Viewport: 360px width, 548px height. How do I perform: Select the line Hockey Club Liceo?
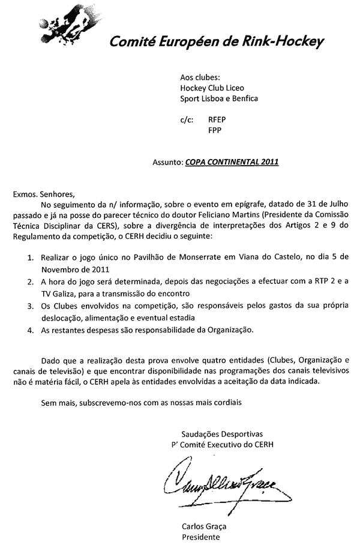coord(212,88)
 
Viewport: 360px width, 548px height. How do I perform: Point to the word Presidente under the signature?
coord(200,537)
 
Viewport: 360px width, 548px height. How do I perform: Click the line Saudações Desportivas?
coord(221,433)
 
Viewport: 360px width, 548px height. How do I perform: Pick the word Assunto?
coord(167,162)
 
